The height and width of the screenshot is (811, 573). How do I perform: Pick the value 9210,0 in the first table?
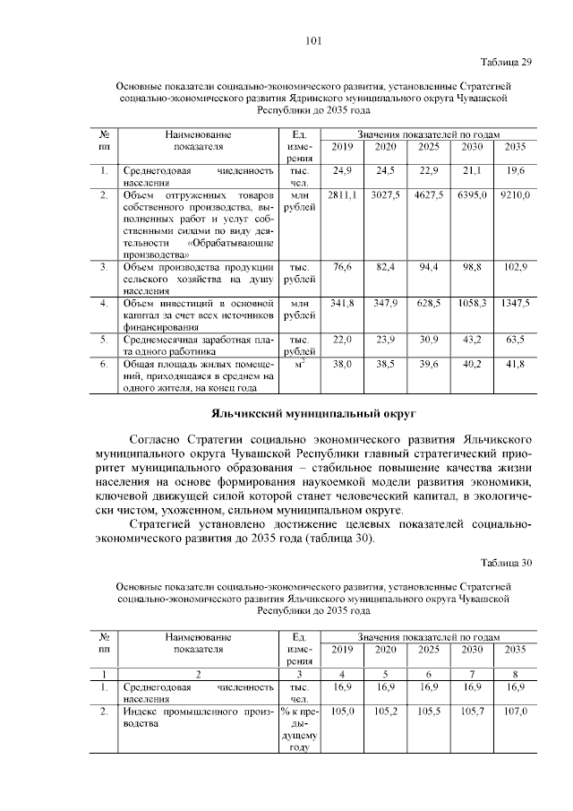pos(515,194)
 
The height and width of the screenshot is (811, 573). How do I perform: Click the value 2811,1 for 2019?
pos(342,194)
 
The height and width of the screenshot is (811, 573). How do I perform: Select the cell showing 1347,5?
pos(515,304)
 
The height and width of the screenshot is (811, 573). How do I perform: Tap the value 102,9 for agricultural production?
pos(515,267)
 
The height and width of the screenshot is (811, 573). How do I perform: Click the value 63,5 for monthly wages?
pos(515,341)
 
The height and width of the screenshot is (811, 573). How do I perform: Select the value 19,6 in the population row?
pos(515,169)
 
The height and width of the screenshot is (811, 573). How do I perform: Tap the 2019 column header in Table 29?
pos(342,146)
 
